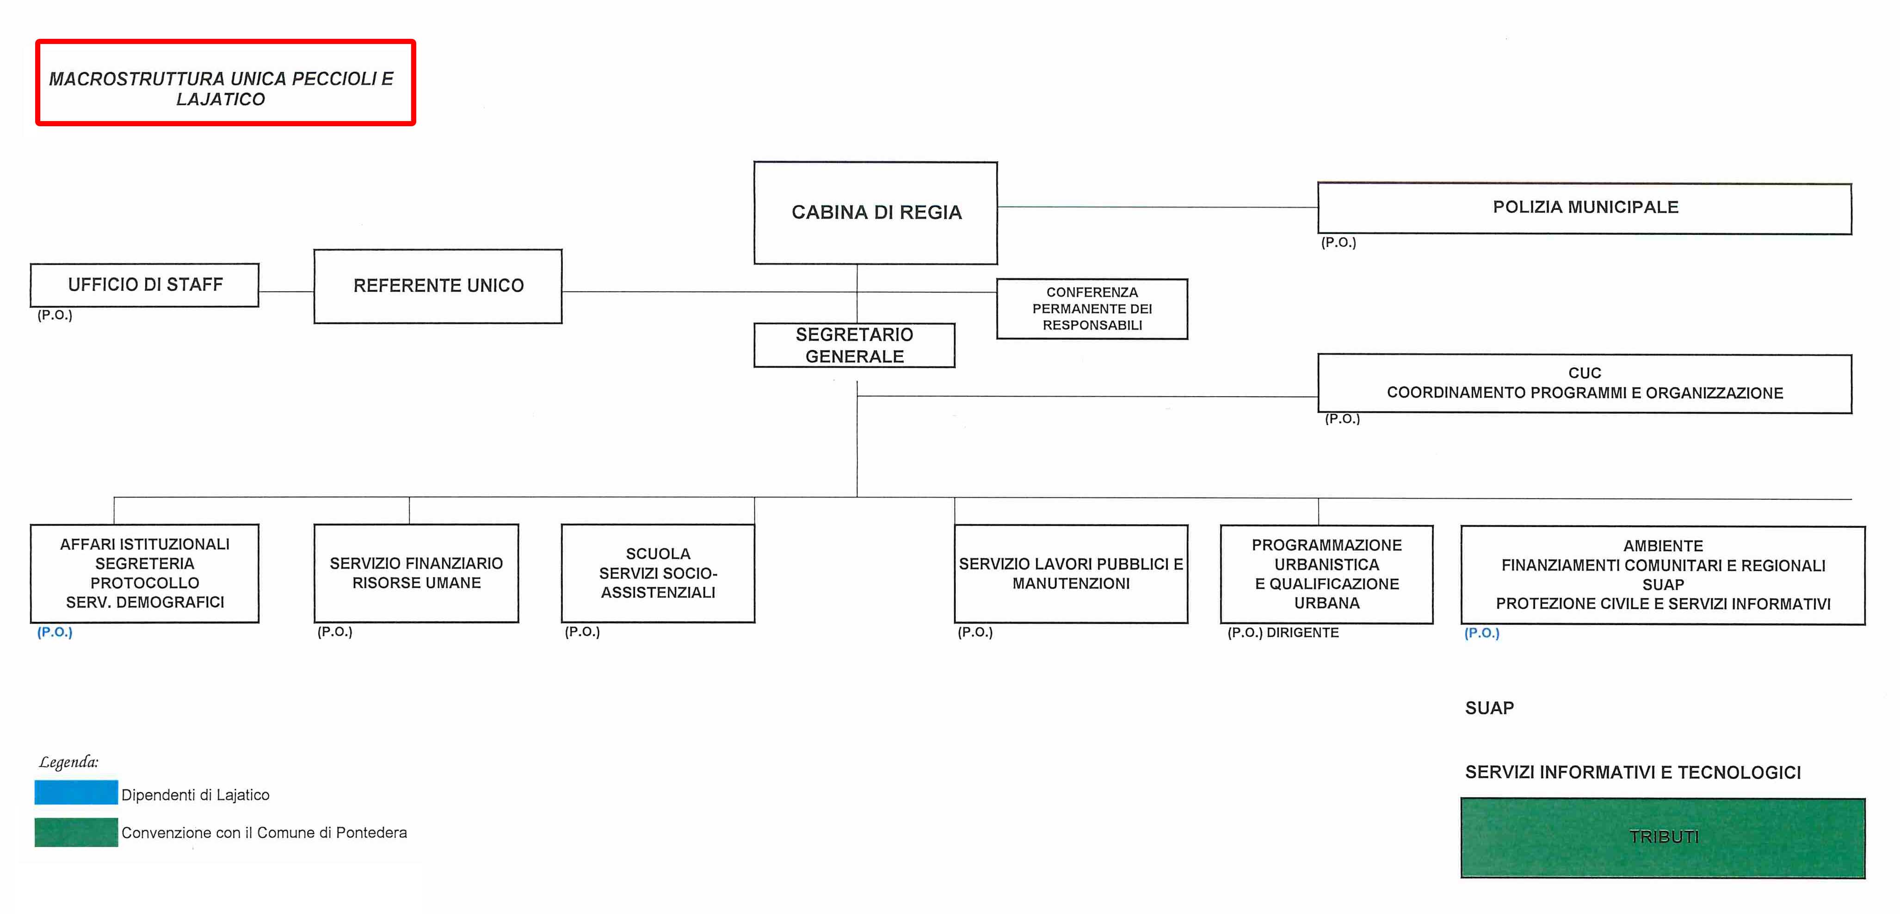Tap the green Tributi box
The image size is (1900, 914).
tap(1663, 838)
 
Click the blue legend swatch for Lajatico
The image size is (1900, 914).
tap(76, 792)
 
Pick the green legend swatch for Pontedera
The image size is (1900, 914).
tap(76, 832)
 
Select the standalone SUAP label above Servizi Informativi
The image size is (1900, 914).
tap(1489, 708)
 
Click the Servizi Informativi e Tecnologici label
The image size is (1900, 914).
tap(1633, 773)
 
